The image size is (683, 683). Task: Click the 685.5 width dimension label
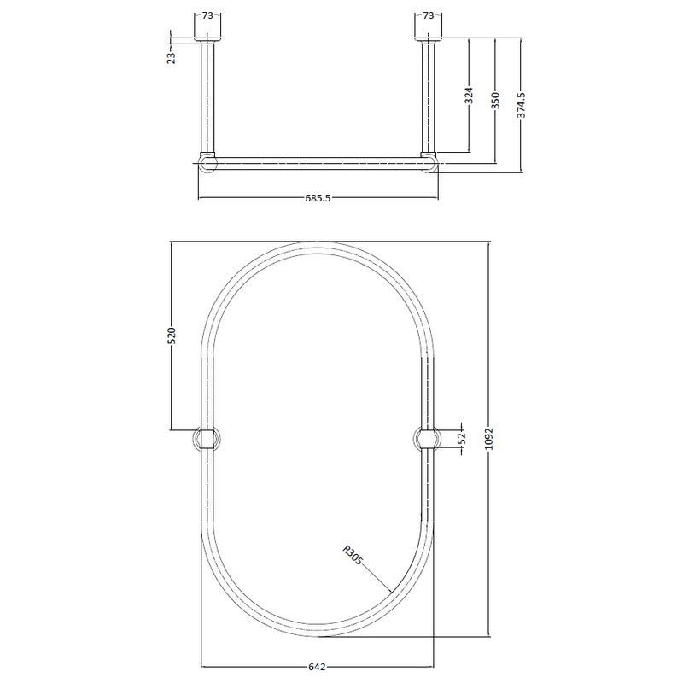tap(318, 198)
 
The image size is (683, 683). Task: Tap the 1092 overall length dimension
tap(501, 438)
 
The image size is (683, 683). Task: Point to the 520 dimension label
tap(171, 335)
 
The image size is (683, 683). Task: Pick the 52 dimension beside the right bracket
tap(463, 439)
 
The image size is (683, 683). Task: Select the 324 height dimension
tap(469, 95)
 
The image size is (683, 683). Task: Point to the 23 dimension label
tap(171, 57)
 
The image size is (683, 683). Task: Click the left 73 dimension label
tap(207, 15)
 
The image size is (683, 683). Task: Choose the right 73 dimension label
tap(429, 15)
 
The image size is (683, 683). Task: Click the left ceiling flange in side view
tap(207, 39)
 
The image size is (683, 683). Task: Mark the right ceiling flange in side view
tap(429, 39)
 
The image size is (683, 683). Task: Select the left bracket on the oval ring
tap(207, 439)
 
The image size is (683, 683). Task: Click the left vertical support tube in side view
tap(207, 98)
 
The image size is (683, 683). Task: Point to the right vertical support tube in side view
tap(429, 98)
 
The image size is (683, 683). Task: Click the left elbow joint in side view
tap(207, 162)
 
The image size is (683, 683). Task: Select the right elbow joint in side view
tap(429, 162)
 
